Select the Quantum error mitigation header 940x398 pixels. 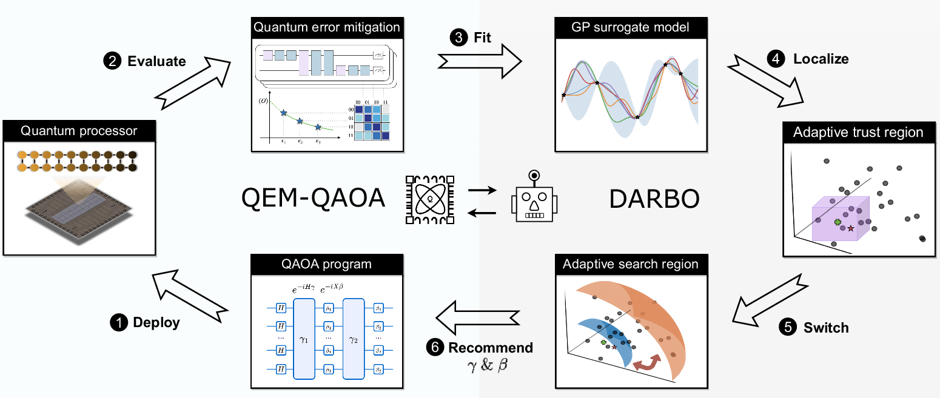(327, 27)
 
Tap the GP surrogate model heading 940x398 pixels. (631, 27)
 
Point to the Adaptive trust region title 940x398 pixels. (858, 132)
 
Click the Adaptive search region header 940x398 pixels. (631, 264)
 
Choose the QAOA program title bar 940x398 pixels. (327, 264)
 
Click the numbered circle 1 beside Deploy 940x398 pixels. (118, 322)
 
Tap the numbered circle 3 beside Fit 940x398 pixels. (459, 38)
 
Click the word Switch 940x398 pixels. (826, 328)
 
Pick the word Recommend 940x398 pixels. (491, 348)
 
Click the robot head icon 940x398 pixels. (534, 200)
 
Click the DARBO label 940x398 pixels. (654, 199)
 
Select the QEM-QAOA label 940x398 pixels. (313, 199)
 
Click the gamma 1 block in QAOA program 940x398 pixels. (304, 339)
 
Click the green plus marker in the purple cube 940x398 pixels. (838, 223)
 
